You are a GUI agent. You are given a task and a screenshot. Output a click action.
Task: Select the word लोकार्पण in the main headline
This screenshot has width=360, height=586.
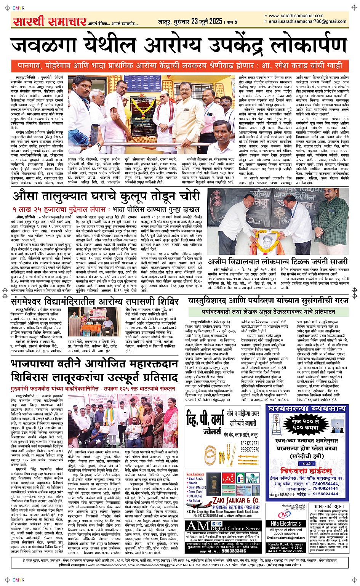[301, 46]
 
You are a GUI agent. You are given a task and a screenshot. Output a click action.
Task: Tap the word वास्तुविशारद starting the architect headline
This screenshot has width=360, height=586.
[212, 301]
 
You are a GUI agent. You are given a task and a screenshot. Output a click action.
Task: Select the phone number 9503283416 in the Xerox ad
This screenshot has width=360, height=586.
[229, 551]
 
